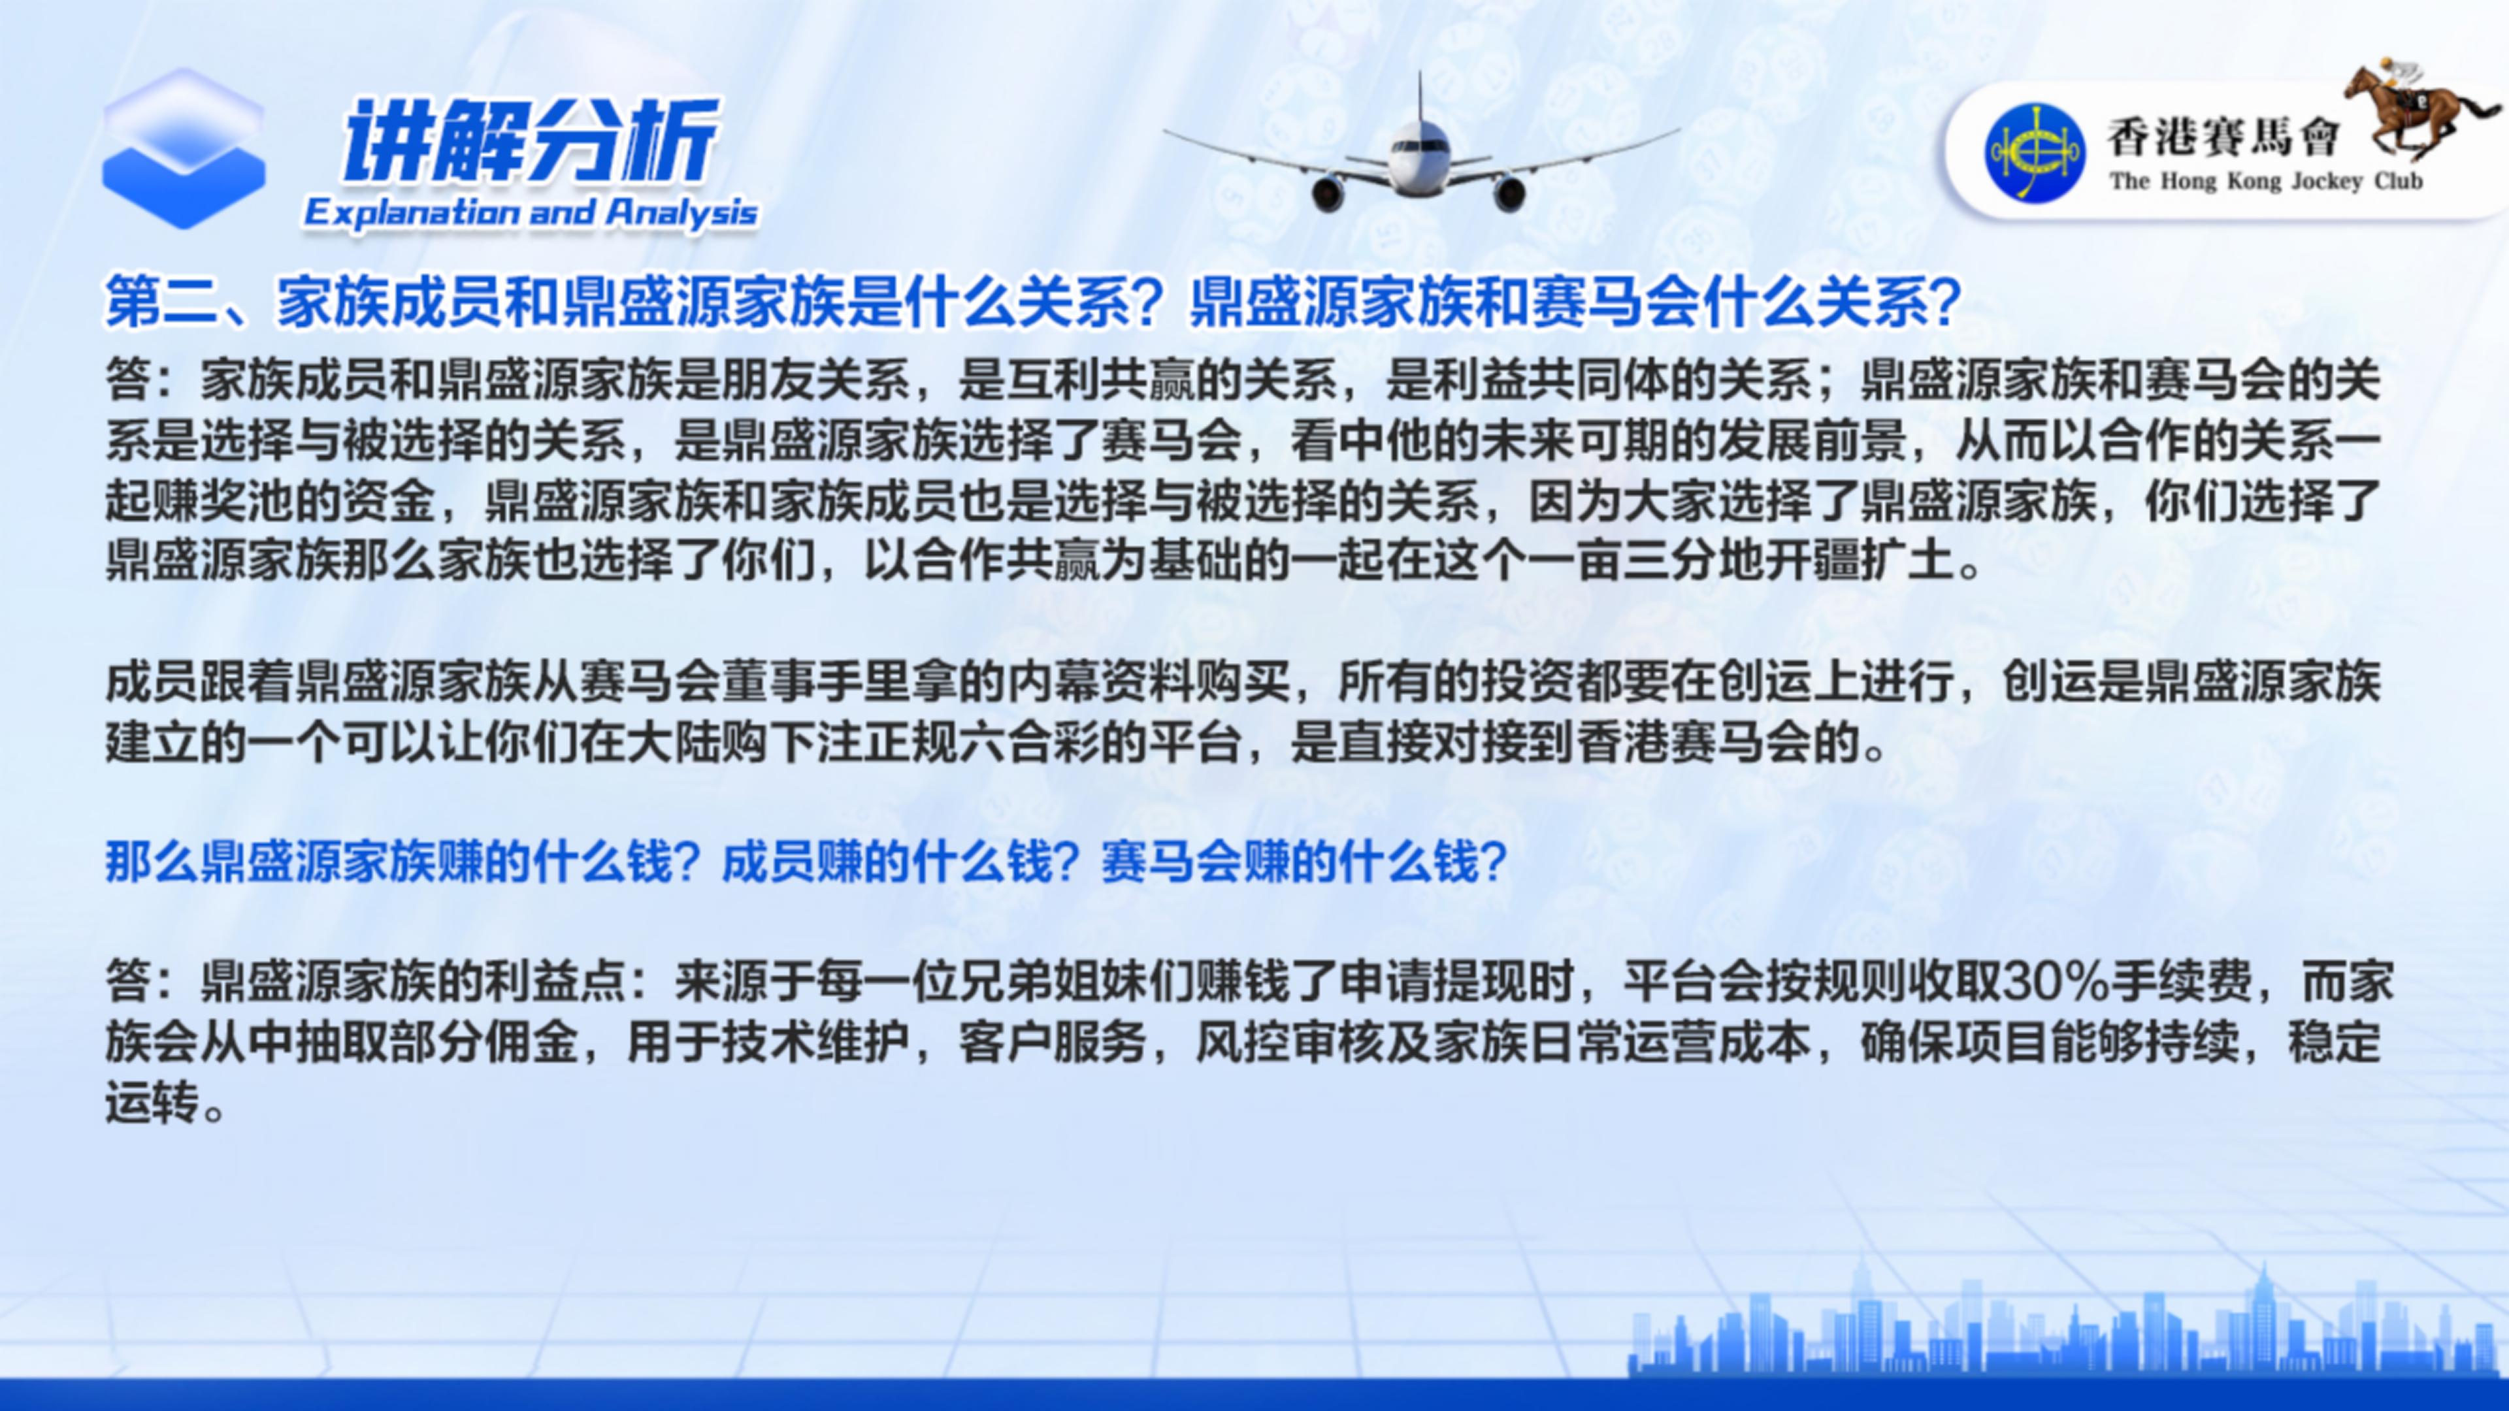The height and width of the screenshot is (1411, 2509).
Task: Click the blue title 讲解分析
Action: point(530,141)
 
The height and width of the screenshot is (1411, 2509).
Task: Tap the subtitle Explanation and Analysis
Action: point(531,212)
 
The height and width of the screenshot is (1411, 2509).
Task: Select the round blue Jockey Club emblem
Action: point(2035,152)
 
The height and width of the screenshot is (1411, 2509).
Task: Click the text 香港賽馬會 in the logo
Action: point(2223,137)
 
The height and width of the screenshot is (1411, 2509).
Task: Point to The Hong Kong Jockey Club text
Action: point(2265,181)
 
